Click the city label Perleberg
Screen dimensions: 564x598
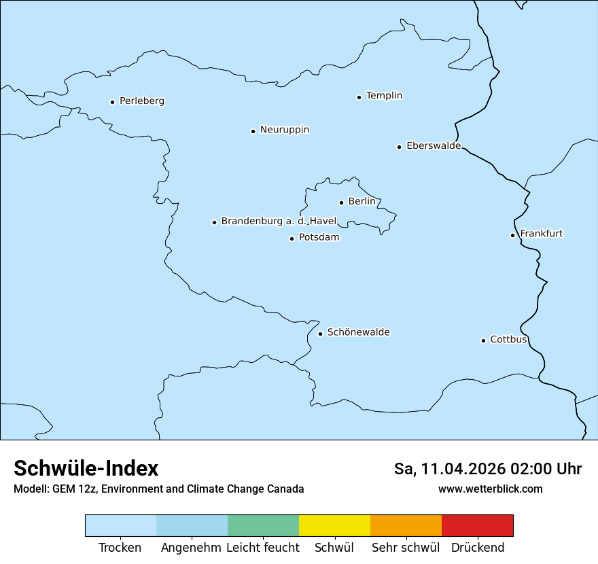point(141,101)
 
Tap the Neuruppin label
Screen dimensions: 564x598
point(284,130)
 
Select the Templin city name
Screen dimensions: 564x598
point(384,96)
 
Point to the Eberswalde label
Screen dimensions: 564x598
point(434,146)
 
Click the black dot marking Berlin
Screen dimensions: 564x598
point(341,202)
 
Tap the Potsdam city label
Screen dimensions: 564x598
point(319,238)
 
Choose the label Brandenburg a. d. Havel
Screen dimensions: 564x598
point(279,222)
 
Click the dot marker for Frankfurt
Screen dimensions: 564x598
point(512,236)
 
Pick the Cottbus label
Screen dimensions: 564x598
point(508,340)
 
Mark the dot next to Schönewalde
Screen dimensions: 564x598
point(320,334)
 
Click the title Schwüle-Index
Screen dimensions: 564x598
point(86,468)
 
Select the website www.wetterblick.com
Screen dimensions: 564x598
point(490,489)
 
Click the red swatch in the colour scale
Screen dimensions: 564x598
point(477,525)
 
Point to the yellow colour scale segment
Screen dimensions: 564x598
point(334,525)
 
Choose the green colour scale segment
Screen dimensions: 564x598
point(263,525)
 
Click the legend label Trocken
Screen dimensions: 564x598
point(120,548)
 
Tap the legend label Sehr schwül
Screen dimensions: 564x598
point(406,548)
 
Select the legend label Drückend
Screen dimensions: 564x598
point(478,548)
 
